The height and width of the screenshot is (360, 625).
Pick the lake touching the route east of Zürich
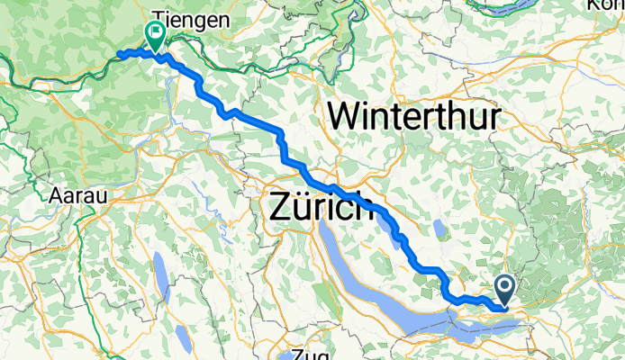point(397,232)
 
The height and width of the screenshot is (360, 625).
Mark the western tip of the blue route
point(119,55)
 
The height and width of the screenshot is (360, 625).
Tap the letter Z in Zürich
point(280,207)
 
